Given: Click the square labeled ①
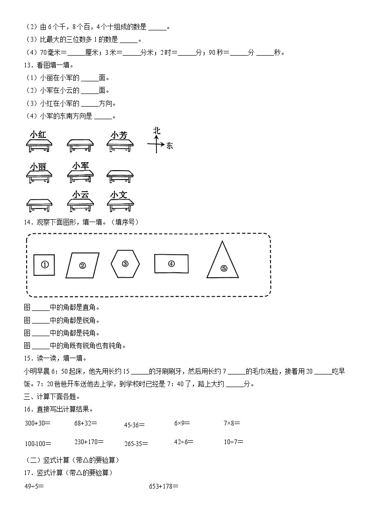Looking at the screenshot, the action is pos(45,265).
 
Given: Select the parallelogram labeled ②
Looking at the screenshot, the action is pos(83,266).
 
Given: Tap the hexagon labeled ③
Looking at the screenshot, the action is pos(125,264).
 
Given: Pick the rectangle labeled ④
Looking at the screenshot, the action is pos(171,264).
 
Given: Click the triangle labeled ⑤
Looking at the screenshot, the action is pos(223,262).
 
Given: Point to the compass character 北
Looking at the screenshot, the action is pos(157,131).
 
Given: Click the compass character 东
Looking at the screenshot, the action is pos(169,146).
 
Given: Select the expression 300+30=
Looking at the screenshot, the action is pos(37,423).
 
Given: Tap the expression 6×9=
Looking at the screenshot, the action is pos(182,423).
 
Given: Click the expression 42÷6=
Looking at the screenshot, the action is pos(184,441).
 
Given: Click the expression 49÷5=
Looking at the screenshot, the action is pos(34,486).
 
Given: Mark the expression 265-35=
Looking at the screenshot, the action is pos(136,444).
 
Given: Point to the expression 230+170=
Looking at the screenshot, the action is pos(89,441).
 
